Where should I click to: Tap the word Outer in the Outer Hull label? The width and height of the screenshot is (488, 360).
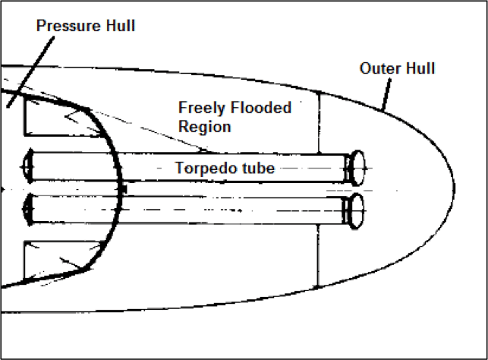click(x=379, y=69)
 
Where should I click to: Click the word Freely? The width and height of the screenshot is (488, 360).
click(x=200, y=108)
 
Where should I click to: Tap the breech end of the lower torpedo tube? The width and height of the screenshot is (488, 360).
click(x=28, y=205)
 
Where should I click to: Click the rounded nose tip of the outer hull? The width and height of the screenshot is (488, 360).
click(x=454, y=186)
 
